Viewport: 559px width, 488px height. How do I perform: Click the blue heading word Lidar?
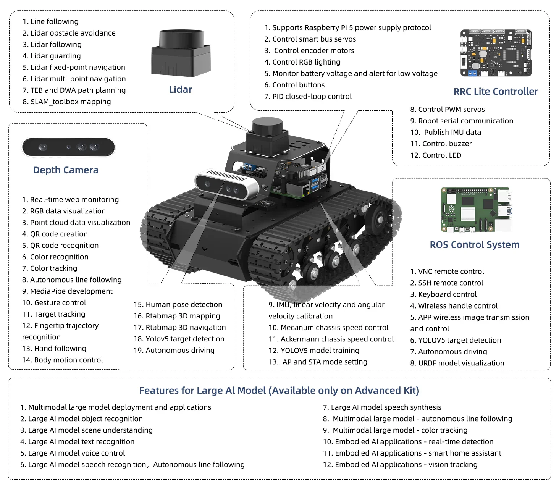pyautogui.click(x=180, y=90)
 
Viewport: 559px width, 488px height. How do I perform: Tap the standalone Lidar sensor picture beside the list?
pyautogui.click(x=181, y=52)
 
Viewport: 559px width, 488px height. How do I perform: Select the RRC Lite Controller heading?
pyautogui.click(x=495, y=92)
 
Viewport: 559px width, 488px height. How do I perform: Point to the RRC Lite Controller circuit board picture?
pyautogui.click(x=496, y=53)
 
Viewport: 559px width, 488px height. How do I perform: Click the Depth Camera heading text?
pyautogui.click(x=66, y=170)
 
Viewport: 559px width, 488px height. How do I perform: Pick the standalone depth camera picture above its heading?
pyautogui.click(x=68, y=147)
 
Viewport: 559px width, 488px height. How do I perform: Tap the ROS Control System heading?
pyautogui.click(x=474, y=245)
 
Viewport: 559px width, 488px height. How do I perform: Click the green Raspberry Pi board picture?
pyautogui.click(x=476, y=210)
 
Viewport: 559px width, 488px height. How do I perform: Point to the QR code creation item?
pyautogui.click(x=55, y=234)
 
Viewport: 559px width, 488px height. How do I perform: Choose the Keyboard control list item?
pyautogui.click(x=443, y=294)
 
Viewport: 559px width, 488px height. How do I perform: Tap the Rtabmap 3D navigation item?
pyautogui.click(x=179, y=328)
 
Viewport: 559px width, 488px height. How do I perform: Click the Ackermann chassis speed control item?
pyautogui.click(x=331, y=339)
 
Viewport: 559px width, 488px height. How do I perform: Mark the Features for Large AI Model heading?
pyautogui.click(x=279, y=391)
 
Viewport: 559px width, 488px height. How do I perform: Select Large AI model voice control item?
pyautogui.click(x=73, y=453)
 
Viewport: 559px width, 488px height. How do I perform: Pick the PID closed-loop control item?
pyautogui.click(x=308, y=97)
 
